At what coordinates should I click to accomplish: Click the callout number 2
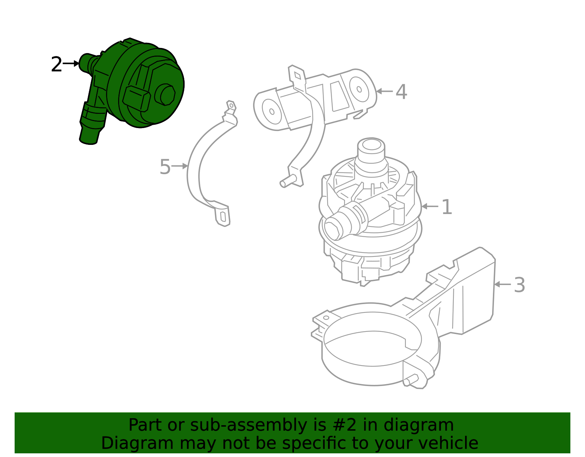coord(57,64)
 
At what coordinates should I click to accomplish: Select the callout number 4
coord(401,91)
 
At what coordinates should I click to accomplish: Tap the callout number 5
coord(165,167)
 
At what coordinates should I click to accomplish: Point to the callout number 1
coord(447,207)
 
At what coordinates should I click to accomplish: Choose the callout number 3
coord(519,285)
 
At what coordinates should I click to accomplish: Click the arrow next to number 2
coord(71,64)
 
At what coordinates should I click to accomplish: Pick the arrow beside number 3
coord(502,284)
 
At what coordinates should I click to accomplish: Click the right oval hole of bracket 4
coord(359,89)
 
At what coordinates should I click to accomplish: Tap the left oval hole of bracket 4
coord(272,112)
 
